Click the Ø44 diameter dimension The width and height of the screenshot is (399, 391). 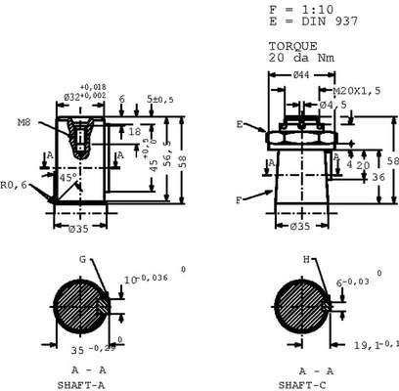point(302,75)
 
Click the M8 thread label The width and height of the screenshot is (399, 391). point(24,123)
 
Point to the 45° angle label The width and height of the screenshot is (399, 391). point(66,179)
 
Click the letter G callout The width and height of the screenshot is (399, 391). point(83,259)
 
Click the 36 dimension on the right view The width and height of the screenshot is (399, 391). point(377,176)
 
